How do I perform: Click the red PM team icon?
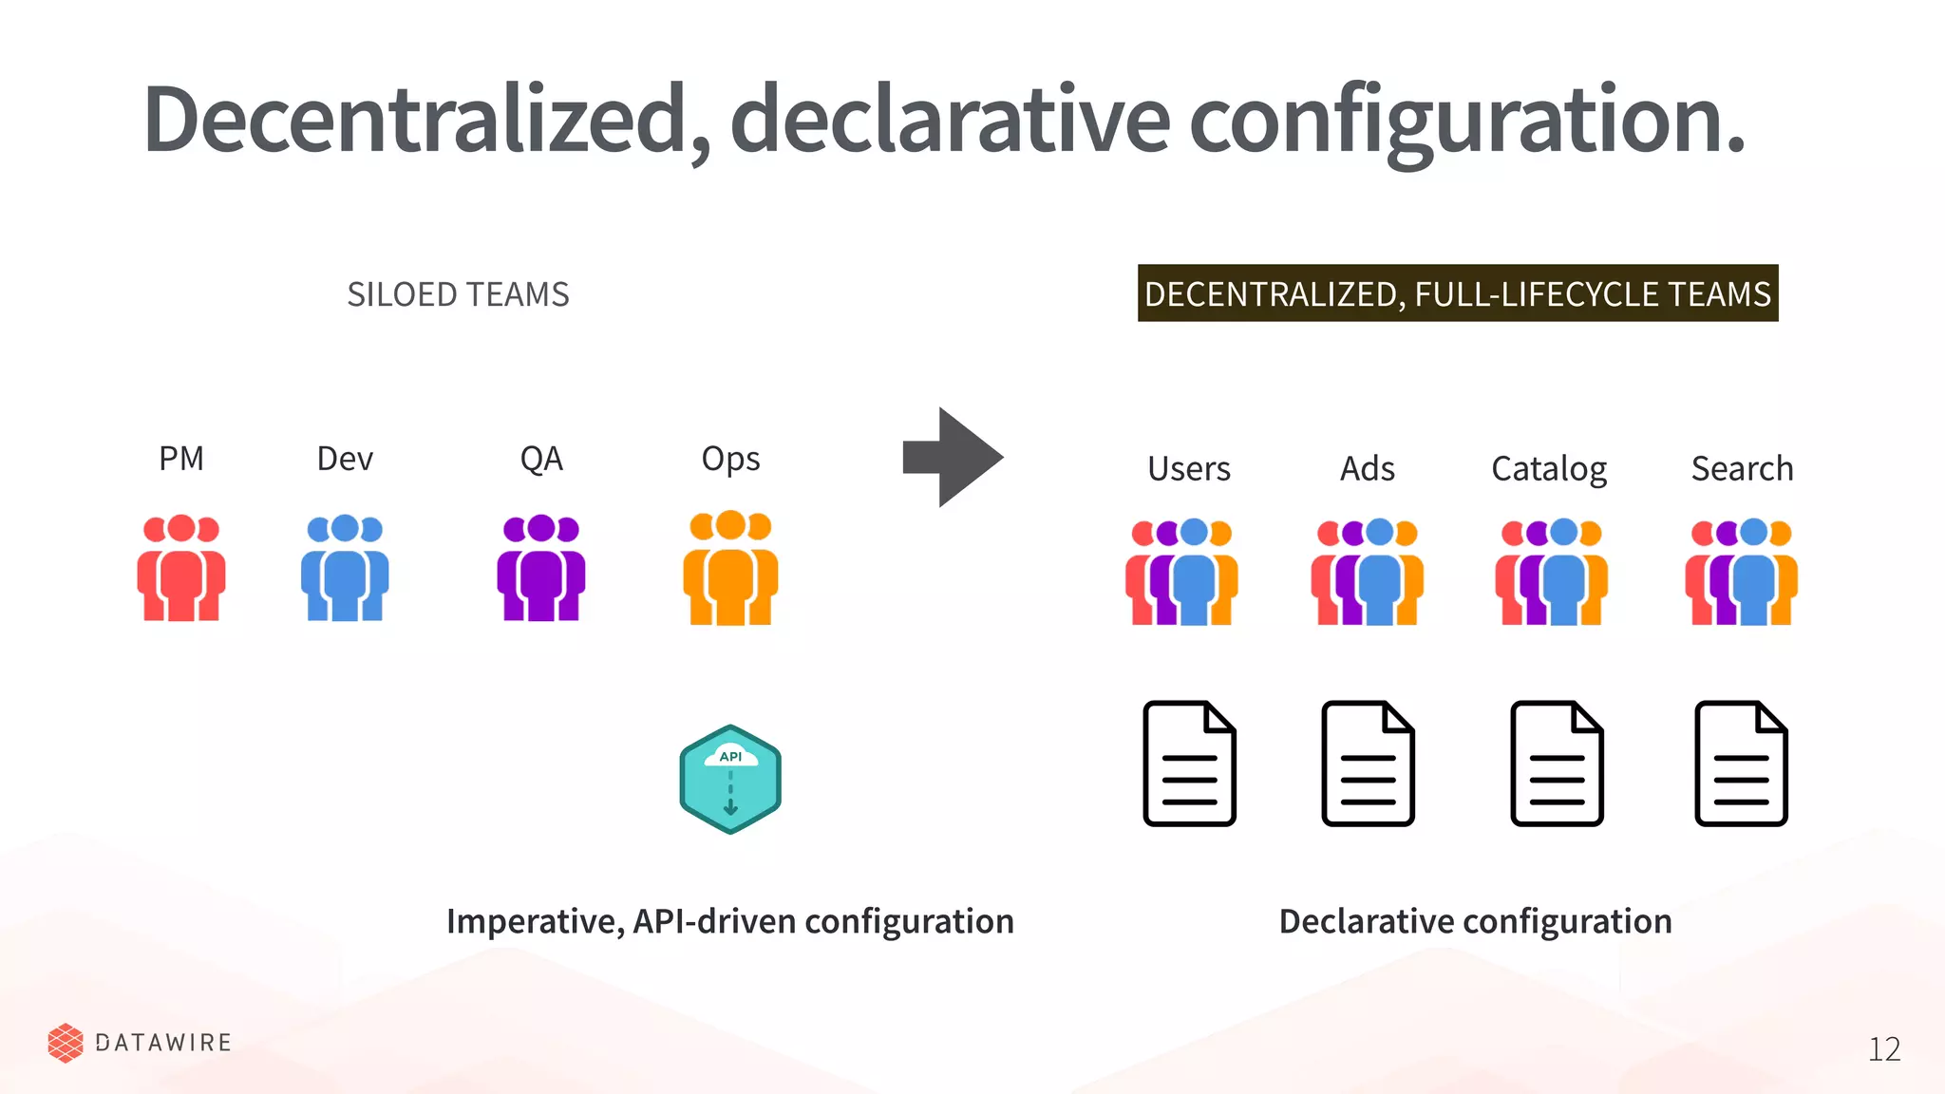(180, 568)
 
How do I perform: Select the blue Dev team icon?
(345, 568)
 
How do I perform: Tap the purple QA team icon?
(540, 568)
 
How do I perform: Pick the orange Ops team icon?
(730, 568)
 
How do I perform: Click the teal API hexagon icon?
(730, 779)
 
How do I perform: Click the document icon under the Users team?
(1189, 764)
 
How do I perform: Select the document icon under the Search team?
(1741, 764)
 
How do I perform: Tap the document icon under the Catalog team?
(1557, 764)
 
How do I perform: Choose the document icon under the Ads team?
(1368, 764)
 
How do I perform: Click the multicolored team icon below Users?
(1181, 572)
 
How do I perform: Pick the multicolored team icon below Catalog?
(1552, 572)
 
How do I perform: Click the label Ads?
(1367, 468)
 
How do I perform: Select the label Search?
(1742, 468)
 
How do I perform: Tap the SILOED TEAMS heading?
(458, 294)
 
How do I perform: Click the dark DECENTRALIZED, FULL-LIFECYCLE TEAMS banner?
(1458, 293)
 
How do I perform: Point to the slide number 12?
(1884, 1048)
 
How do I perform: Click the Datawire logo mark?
(66, 1043)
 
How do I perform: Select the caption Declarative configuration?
(1475, 921)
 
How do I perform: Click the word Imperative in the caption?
(534, 921)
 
